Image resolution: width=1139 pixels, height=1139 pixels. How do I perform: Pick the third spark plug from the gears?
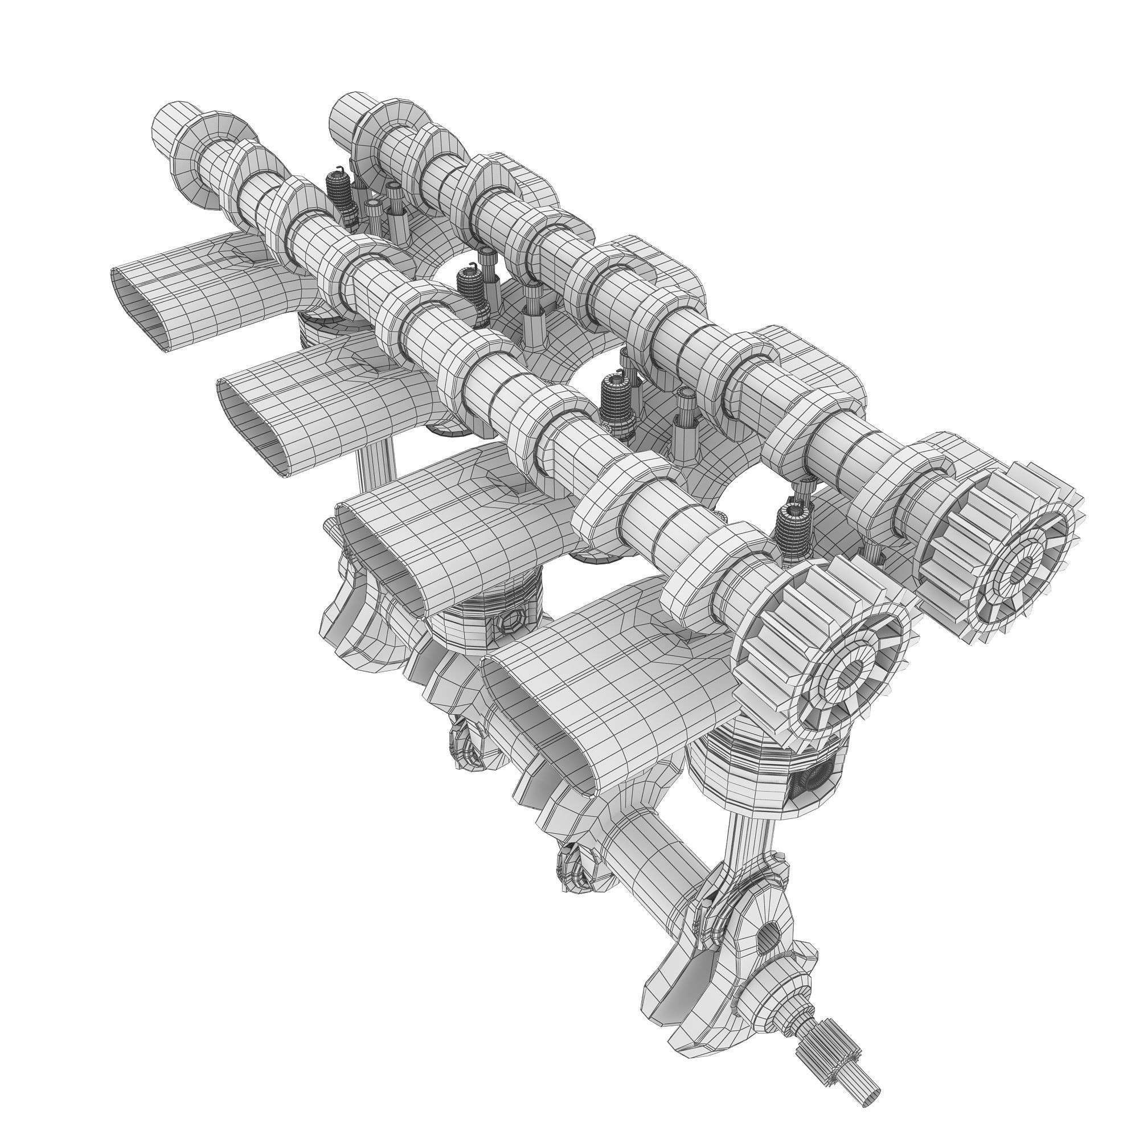click(x=472, y=289)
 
